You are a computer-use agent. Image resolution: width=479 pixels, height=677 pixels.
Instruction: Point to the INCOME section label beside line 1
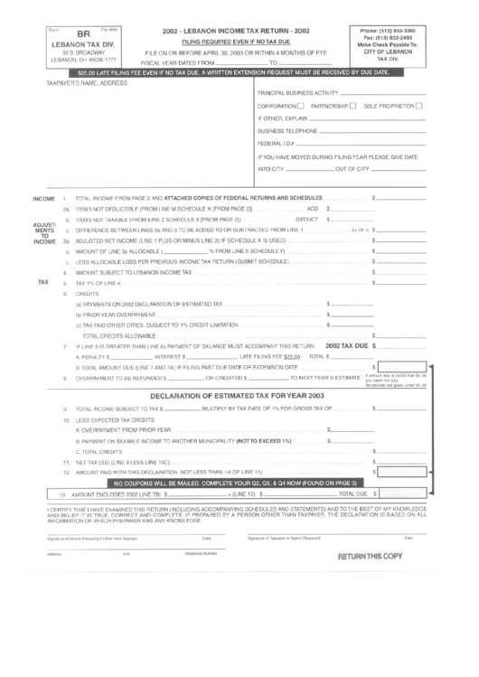point(44,197)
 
